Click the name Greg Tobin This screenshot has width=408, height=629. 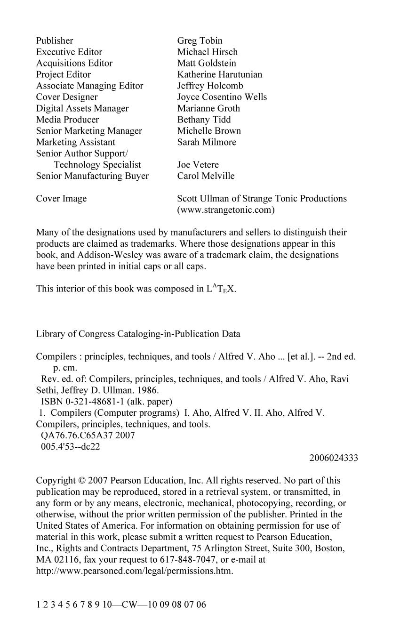point(200,40)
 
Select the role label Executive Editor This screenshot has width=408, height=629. point(69,52)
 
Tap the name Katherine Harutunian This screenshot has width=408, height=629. point(220,74)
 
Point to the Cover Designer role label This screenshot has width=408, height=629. point(67,97)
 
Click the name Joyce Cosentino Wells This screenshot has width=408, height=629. point(222,97)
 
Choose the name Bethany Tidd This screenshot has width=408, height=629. point(204,120)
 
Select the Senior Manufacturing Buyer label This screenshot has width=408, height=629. point(92,176)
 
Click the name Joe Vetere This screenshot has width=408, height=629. point(198,165)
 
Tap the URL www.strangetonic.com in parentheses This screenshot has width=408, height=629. point(226,210)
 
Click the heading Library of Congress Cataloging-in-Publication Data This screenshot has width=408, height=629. point(138,334)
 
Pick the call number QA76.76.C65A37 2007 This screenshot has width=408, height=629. point(88,435)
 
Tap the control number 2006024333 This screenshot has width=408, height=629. point(334,458)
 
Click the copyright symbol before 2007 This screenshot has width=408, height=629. point(82,481)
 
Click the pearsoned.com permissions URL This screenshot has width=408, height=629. point(135,571)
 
